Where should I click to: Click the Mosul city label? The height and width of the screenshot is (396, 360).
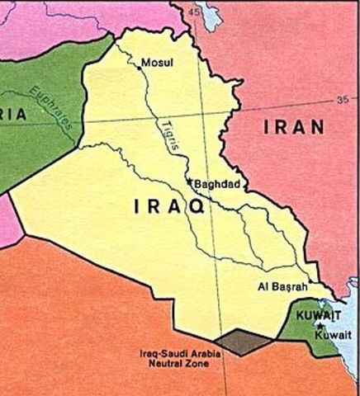(159, 63)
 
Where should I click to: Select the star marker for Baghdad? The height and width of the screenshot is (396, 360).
(189, 181)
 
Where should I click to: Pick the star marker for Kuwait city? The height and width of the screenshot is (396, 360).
(320, 326)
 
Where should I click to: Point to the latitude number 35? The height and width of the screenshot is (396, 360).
(343, 101)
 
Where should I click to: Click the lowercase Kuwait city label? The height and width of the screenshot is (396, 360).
(334, 335)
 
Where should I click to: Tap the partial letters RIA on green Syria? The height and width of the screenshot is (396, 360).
(14, 115)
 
